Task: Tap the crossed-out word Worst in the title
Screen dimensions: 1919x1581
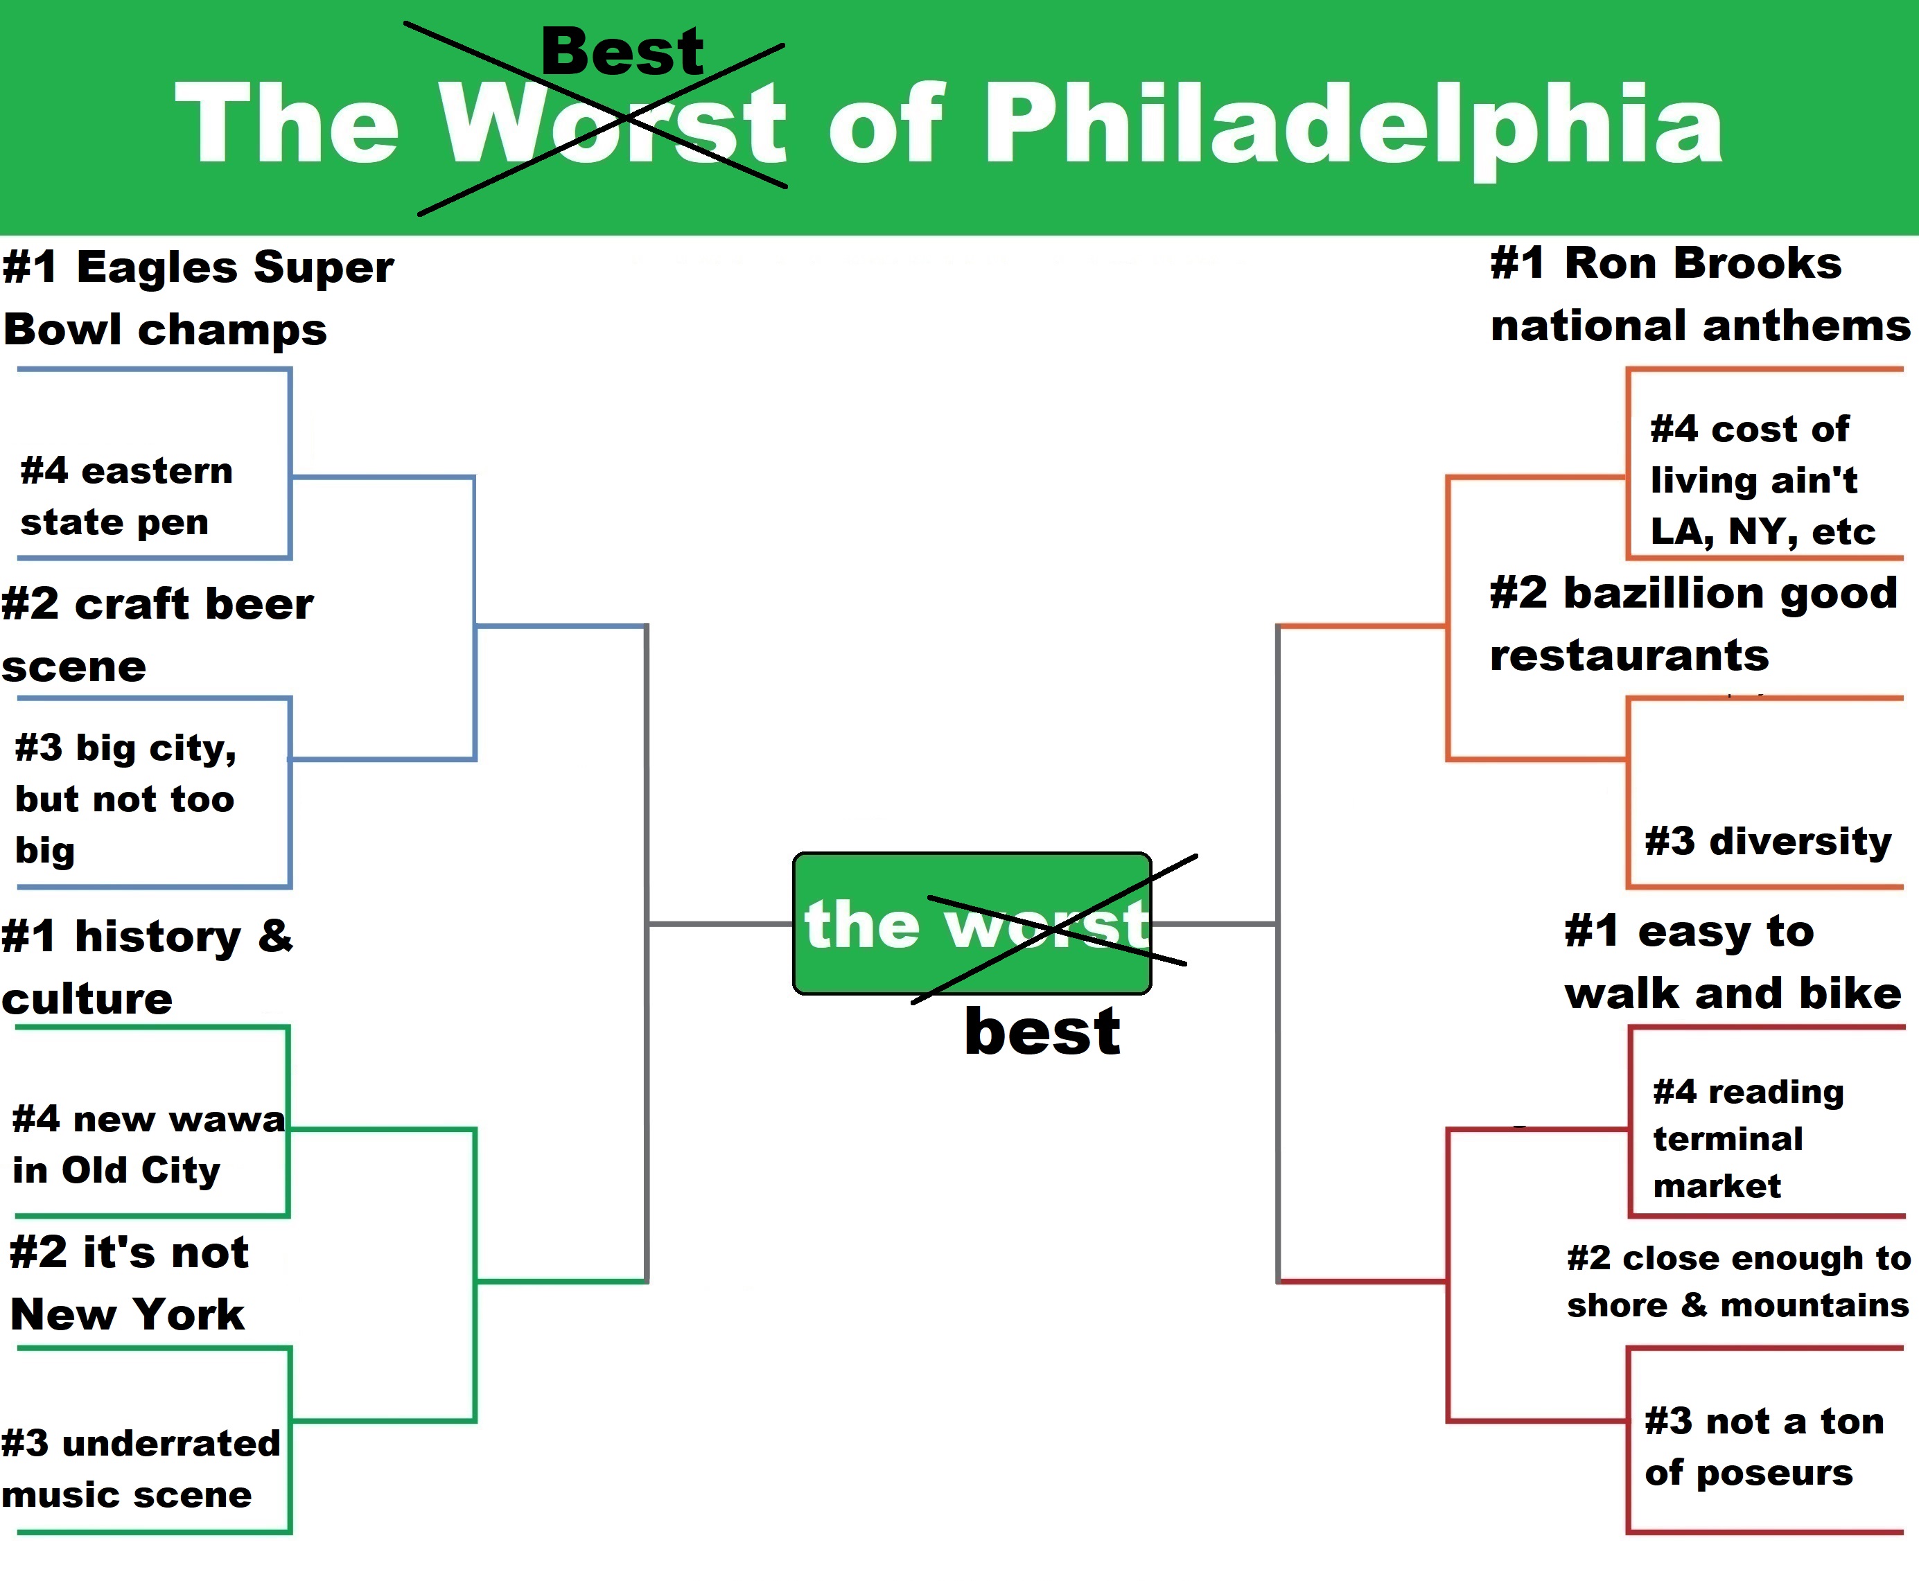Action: [x=612, y=123]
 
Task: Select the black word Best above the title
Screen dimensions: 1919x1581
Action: [x=622, y=51]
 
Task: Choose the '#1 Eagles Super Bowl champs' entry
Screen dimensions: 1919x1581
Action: [x=198, y=298]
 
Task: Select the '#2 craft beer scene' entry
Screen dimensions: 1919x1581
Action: [x=157, y=635]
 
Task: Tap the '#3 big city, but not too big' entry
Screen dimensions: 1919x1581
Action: [x=125, y=799]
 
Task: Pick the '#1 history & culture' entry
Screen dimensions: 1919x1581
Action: [x=148, y=966]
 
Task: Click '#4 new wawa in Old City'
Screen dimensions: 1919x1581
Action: [x=148, y=1144]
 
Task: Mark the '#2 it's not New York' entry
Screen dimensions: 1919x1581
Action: [x=128, y=1282]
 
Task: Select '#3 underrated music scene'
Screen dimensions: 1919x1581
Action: [x=141, y=1468]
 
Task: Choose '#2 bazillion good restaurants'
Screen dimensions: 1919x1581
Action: [x=1694, y=624]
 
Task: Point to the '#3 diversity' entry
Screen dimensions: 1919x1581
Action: [x=1768, y=840]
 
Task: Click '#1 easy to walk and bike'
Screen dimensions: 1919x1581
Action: [x=1733, y=962]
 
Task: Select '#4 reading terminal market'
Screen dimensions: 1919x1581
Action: [x=1749, y=1138]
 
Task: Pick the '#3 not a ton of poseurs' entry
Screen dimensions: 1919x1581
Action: [x=1764, y=1446]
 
